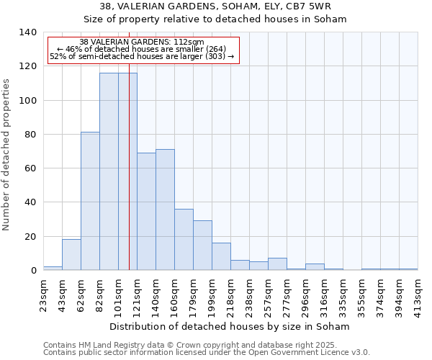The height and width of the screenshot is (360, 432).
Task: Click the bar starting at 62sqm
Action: pyautogui.click(x=90, y=201)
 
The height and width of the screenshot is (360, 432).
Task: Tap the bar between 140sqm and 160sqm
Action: pyautogui.click(x=165, y=210)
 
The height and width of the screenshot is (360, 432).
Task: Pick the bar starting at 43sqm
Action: pyautogui.click(x=71, y=255)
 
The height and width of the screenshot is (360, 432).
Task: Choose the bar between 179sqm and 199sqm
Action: pyautogui.click(x=202, y=246)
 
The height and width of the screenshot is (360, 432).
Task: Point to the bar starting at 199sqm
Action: pyautogui.click(x=221, y=256)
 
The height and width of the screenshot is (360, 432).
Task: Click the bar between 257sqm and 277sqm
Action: pyautogui.click(x=277, y=264)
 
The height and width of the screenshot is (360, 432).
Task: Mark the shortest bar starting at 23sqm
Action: pyautogui.click(x=53, y=268)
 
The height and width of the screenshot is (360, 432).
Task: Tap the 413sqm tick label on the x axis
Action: pyautogui.click(x=418, y=294)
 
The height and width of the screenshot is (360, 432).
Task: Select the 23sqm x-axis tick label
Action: pyautogui.click(x=44, y=294)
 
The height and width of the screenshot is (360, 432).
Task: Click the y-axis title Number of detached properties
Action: pyautogui.click(x=7, y=151)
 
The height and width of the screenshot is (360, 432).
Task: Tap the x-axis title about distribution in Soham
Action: pyautogui.click(x=230, y=326)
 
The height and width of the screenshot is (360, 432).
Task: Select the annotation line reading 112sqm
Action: pyautogui.click(x=142, y=42)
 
